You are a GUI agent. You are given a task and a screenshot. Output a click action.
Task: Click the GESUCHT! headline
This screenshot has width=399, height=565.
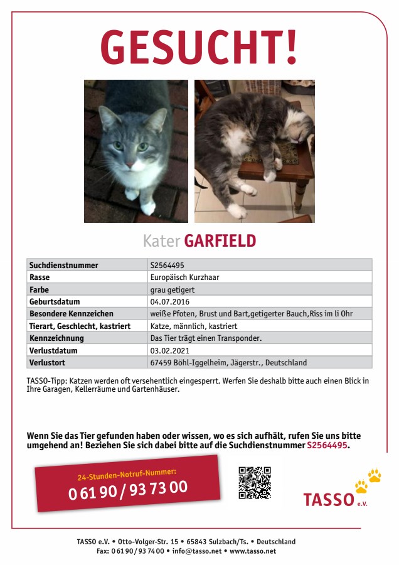tap(199, 48)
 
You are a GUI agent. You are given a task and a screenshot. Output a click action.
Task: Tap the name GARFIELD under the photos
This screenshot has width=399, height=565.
tap(220, 240)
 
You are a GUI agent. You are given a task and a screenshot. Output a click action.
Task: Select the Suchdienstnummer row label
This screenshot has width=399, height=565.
tap(64, 266)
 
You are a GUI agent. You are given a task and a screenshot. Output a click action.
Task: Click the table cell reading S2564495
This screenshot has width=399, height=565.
tap(167, 266)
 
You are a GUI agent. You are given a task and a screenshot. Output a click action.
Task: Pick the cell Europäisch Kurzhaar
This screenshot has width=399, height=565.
tap(184, 277)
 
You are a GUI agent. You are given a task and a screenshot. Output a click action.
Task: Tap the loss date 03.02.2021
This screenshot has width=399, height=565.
tap(169, 350)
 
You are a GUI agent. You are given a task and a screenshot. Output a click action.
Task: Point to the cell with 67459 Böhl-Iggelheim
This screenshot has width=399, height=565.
tap(228, 362)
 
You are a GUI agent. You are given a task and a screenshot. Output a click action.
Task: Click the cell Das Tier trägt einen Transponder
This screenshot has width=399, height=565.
tap(206, 338)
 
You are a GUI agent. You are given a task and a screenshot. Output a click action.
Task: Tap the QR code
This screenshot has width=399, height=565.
tap(254, 483)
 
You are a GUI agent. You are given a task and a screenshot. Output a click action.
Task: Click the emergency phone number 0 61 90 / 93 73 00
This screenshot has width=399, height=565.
tap(128, 490)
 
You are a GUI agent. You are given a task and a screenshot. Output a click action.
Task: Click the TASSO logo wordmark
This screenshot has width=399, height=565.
tap(329, 500)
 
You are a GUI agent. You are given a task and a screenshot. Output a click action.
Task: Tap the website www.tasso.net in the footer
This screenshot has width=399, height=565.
tap(253, 551)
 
